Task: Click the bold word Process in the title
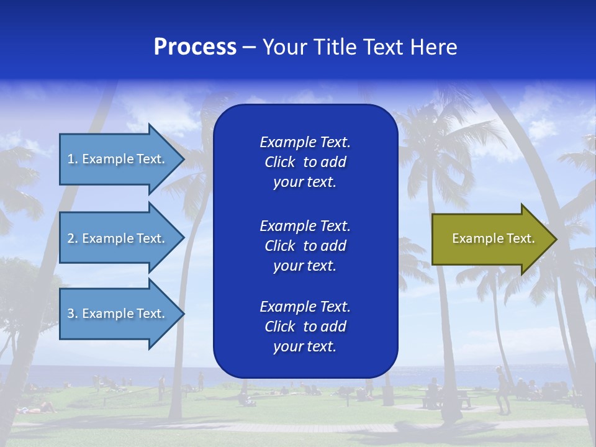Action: tap(195, 47)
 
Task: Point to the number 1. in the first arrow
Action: tap(72, 159)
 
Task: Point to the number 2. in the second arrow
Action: tap(72, 238)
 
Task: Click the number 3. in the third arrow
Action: tap(72, 314)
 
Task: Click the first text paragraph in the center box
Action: tap(305, 162)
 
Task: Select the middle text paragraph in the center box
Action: tap(305, 246)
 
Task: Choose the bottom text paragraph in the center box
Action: tap(305, 327)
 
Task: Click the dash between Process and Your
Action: tap(249, 48)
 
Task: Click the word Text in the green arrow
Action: tap(521, 238)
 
